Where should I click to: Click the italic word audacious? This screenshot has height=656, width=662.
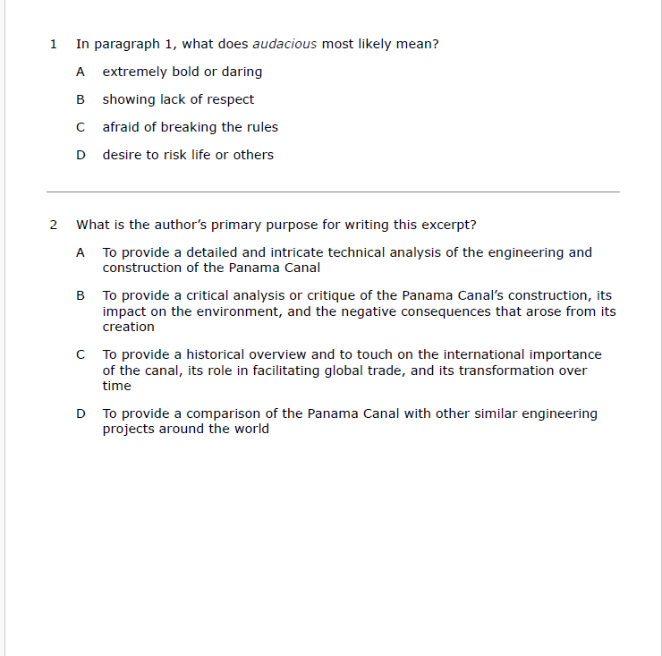[x=284, y=44]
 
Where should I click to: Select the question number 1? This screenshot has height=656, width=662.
[x=54, y=44]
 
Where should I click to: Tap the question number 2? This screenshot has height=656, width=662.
[x=54, y=225]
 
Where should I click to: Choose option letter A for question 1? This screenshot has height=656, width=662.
[x=81, y=72]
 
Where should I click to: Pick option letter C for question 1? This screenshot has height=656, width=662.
[x=81, y=127]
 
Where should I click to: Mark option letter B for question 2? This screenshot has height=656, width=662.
[x=81, y=295]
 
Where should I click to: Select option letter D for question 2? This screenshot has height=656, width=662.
[x=81, y=413]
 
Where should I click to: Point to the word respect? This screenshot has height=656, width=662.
[x=230, y=99]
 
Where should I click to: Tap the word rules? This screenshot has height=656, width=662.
[x=260, y=127]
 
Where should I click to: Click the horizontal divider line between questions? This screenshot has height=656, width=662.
[x=333, y=192]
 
